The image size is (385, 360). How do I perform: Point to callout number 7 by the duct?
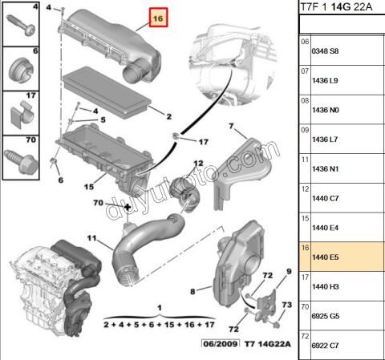point(231,127)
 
